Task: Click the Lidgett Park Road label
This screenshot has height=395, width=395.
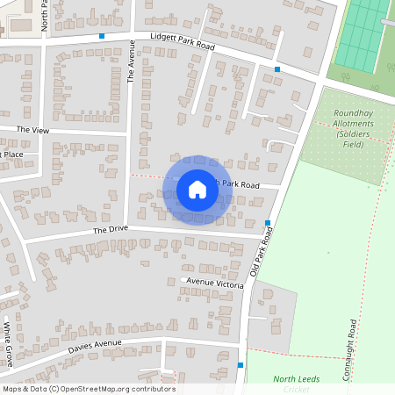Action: tap(183, 39)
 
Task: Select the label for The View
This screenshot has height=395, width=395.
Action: tap(33, 129)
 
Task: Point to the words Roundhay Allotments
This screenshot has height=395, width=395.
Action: tap(353, 118)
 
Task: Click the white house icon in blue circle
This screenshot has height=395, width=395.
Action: tap(197, 190)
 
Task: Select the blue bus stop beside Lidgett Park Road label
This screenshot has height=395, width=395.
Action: tap(102, 36)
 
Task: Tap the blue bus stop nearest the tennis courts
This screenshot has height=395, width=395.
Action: tap(277, 68)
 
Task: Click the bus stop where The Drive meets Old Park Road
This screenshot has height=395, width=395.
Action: tap(267, 223)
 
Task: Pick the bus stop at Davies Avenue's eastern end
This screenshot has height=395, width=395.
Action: tap(240, 365)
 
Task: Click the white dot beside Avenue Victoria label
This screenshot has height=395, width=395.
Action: tap(182, 281)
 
